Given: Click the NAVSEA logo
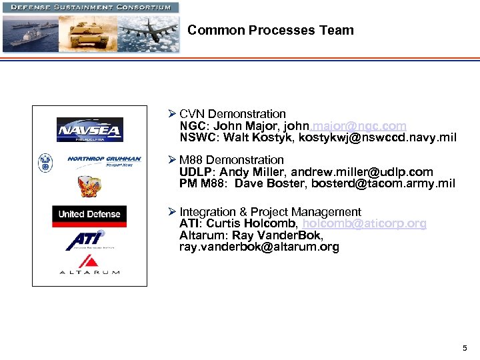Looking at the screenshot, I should (89, 129).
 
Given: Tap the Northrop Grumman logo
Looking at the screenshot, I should (104, 160).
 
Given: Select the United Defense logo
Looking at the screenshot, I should (89, 214).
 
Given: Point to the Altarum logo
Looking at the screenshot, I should (89, 265).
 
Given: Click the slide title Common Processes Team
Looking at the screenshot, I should (271, 30).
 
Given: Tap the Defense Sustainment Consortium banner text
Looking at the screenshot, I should (90, 7).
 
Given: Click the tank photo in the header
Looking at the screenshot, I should (87, 33).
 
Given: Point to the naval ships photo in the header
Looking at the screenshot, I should (29, 33).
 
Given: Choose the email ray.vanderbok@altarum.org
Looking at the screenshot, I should (259, 247).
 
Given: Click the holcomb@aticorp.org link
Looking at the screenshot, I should (364, 224).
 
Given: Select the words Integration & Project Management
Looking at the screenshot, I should (270, 212).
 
